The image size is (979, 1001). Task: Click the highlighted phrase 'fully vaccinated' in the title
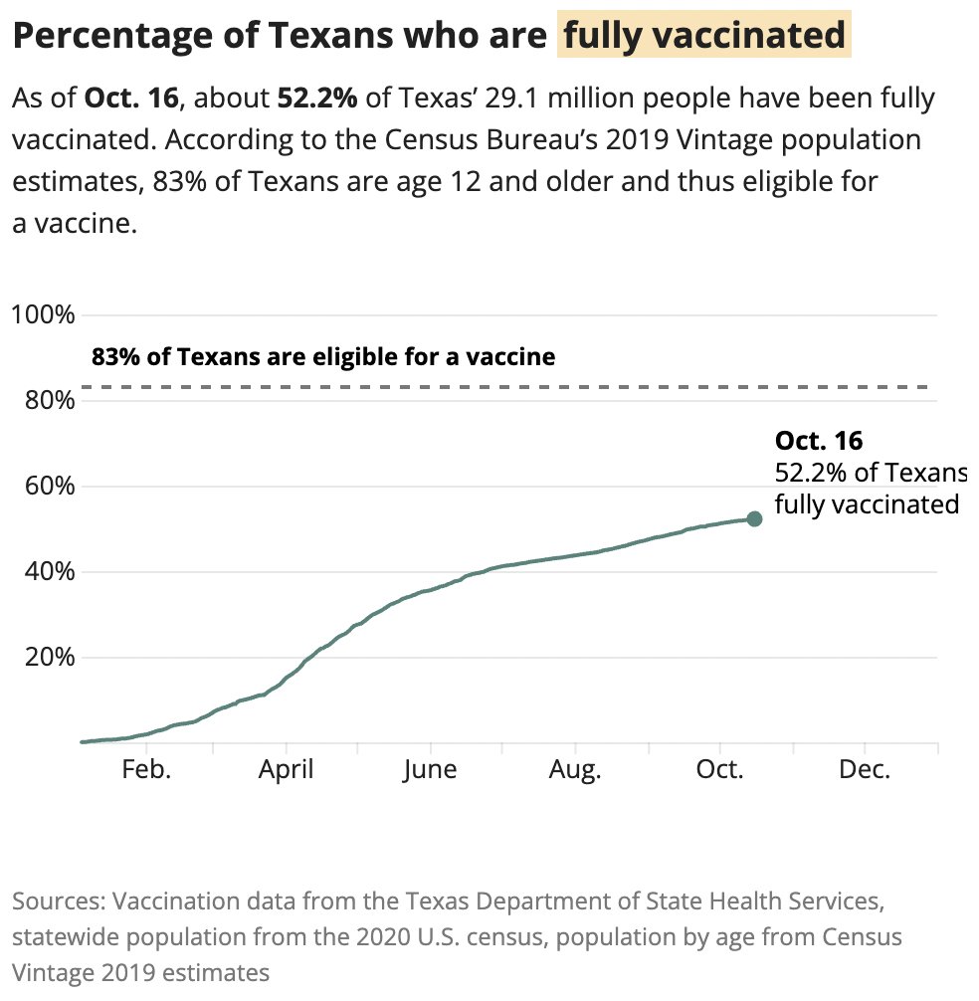click(x=703, y=37)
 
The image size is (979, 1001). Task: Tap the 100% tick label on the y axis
click(x=44, y=315)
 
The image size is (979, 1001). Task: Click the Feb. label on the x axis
click(x=146, y=770)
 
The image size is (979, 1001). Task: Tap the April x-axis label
click(x=287, y=770)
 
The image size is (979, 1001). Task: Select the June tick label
click(x=430, y=770)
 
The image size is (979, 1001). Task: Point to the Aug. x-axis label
click(x=575, y=770)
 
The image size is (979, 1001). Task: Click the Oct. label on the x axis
click(x=719, y=770)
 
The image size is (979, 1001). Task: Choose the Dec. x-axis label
click(x=864, y=770)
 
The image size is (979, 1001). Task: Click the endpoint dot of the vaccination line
click(x=754, y=518)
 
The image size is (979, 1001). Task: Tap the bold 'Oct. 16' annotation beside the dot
click(x=818, y=441)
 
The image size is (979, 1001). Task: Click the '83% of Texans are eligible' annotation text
click(x=323, y=356)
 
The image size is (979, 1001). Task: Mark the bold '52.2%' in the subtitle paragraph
click(x=316, y=99)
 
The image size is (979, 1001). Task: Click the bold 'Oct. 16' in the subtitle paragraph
click(x=130, y=99)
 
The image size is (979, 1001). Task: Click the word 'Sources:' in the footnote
click(x=59, y=902)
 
